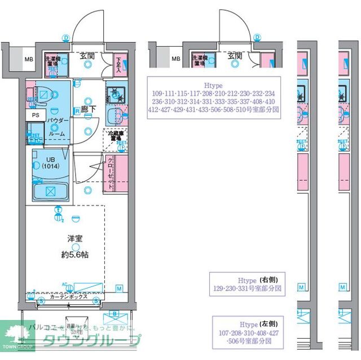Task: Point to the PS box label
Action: point(36,114)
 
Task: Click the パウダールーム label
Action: point(58,127)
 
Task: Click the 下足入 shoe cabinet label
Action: point(118,63)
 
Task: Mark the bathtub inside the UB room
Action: point(51,192)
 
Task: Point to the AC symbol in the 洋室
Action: point(64,285)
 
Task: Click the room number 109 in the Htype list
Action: point(160,93)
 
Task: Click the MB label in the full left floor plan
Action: point(28,59)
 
